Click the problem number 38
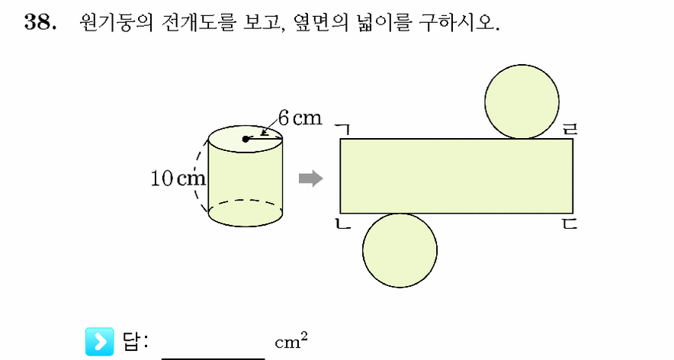(40, 22)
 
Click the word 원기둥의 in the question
(116, 22)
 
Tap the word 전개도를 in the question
(198, 22)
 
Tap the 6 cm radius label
(300, 118)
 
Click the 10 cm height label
(178, 178)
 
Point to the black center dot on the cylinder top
(246, 139)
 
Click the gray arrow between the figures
(311, 178)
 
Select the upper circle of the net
(522, 101)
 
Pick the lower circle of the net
(400, 250)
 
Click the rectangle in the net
(457, 176)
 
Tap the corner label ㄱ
(343, 129)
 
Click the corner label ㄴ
(343, 223)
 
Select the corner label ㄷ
(570, 223)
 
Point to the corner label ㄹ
(570, 129)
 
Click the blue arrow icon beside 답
(100, 342)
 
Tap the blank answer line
(213, 358)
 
